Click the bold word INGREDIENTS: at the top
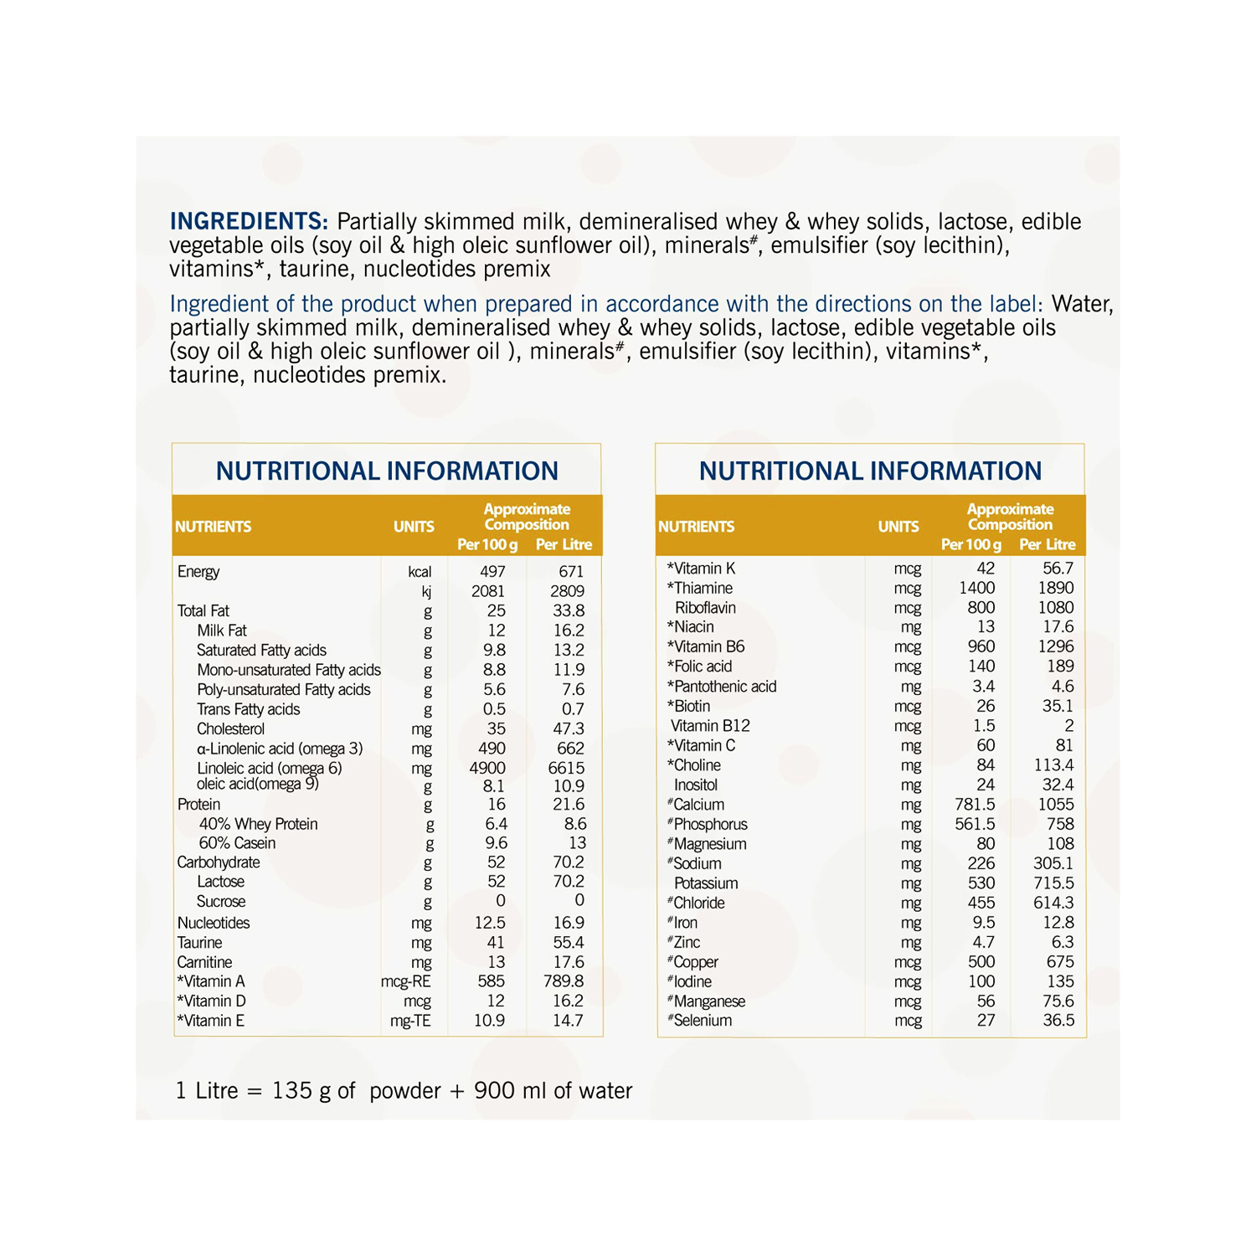pos(249,221)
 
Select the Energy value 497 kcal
pos(492,572)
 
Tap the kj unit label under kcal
pos(426,592)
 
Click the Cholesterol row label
pos(230,729)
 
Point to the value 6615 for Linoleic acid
pos(566,768)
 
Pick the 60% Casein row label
pos(237,843)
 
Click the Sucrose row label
pos(221,902)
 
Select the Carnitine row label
pos(204,962)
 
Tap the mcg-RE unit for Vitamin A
pos(406,981)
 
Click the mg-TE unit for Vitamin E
pos(410,1021)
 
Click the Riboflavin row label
pos(705,608)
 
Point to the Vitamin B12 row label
pos(710,726)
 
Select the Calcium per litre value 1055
pos(1055,805)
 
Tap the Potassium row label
pos(706,883)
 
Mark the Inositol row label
pos(696,785)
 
